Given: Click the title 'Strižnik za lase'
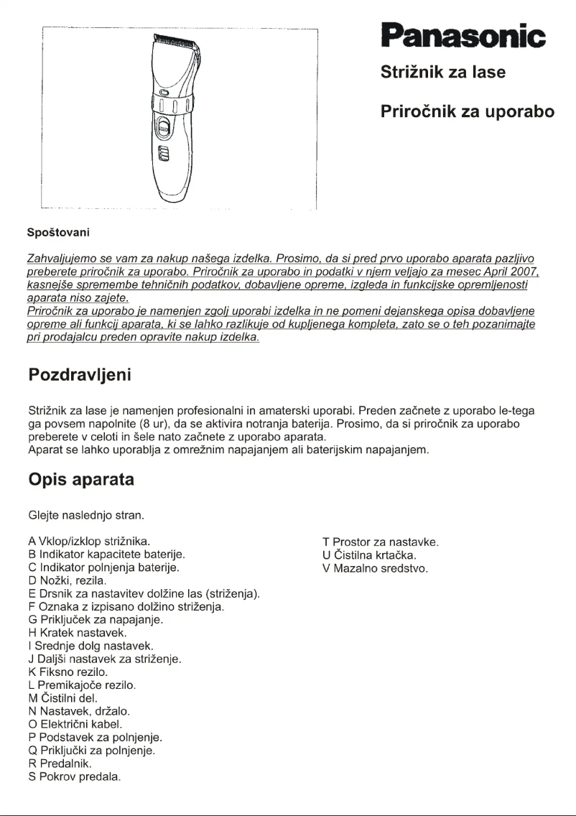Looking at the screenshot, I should coord(442,73).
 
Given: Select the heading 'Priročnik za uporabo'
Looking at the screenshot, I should coord(467,112).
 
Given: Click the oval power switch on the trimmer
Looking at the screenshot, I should coord(164,130).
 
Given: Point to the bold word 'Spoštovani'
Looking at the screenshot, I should coord(57,233).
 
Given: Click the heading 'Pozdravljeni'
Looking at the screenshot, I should coord(79,375).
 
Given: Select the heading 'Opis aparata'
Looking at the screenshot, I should coord(80,479).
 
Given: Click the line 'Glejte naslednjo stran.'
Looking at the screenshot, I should coord(85,515).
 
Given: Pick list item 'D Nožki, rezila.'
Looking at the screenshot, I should coord(68,580).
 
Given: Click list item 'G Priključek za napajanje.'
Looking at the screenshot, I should coord(96,619).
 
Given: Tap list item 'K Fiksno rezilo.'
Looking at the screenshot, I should coord(68,672).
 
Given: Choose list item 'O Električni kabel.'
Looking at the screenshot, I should coord(75,724).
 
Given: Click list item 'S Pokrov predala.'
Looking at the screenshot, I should coord(74,776).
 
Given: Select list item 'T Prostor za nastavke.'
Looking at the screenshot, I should coord(381,542).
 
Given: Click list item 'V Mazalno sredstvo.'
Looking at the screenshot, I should coord(375,567).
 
